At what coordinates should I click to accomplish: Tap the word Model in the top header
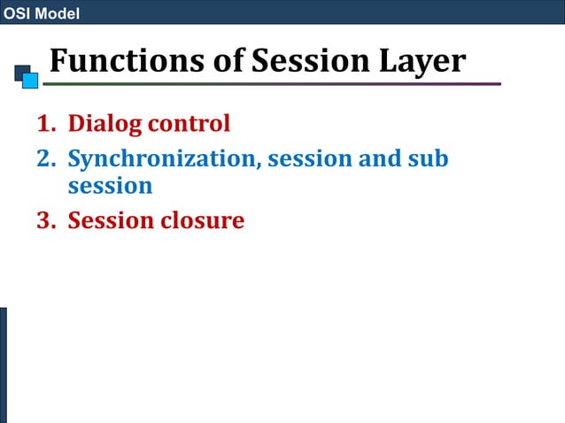(56, 13)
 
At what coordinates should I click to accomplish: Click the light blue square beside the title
(30, 81)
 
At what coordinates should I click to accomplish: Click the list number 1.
(45, 123)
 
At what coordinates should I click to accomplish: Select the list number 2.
(45, 159)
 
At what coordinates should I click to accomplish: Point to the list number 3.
(45, 219)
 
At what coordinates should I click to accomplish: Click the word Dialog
(105, 124)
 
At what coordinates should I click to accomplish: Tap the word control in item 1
(190, 123)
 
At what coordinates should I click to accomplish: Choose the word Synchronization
(164, 159)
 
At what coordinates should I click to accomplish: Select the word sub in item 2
(428, 159)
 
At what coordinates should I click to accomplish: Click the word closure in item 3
(202, 219)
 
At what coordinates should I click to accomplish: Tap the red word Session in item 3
(111, 219)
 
